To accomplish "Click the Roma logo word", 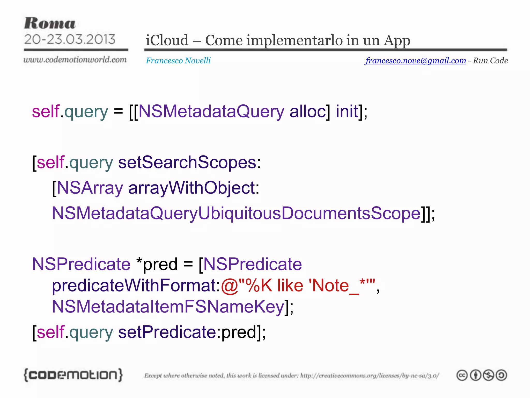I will point(50,24).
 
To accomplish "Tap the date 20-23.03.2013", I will point(70,39).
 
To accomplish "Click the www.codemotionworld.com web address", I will point(75,60).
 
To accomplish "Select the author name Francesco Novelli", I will point(178,60).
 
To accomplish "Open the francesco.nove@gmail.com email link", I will point(416,60).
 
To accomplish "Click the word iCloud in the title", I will point(167,40).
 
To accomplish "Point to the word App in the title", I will point(397,41).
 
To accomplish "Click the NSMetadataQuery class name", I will point(211,111).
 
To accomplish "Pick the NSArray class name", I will point(90,188).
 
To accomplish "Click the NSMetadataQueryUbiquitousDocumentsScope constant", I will point(236,213).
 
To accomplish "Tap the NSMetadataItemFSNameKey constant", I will point(168,307).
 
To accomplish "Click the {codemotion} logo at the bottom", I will point(73,375).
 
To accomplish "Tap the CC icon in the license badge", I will point(462,375).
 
